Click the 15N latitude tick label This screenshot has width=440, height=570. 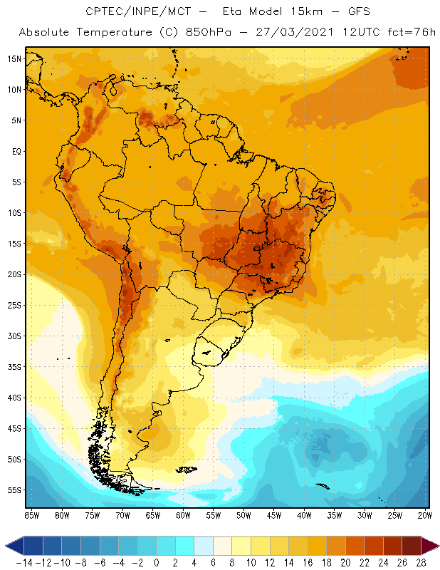(14, 58)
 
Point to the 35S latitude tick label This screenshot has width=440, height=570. (14, 367)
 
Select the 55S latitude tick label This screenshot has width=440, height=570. (14, 490)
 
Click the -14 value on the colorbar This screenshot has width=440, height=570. (24, 562)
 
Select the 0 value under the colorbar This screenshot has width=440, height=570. (157, 562)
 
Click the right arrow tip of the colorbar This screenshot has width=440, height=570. (436, 546)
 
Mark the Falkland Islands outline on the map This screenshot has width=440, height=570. (187, 469)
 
